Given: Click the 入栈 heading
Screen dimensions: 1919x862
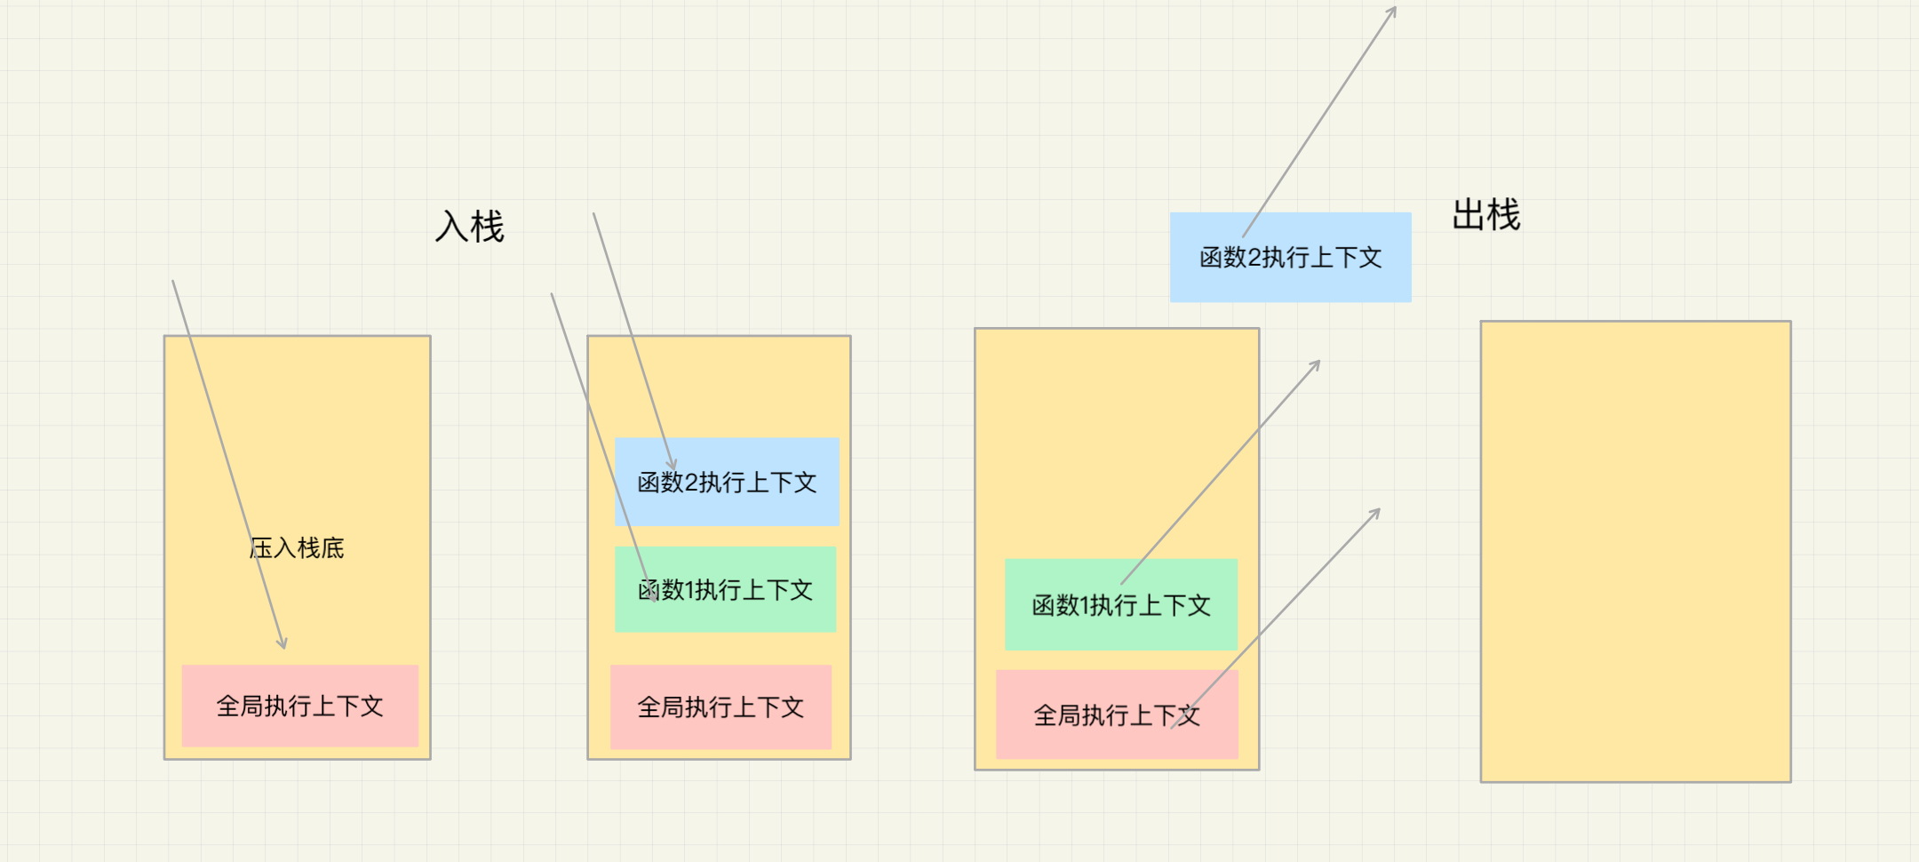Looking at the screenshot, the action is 469,227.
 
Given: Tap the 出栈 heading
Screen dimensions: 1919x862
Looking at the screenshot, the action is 1485,215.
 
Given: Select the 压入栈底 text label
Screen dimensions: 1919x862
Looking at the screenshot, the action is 297,547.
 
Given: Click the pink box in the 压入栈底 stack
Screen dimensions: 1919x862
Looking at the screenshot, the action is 299,706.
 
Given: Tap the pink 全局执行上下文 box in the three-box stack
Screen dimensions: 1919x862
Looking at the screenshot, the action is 721,706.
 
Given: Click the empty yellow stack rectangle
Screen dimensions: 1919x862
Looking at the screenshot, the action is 1635,551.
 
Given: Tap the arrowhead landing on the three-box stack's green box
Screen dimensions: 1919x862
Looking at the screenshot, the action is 654,598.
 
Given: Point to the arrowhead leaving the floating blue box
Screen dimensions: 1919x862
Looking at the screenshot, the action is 1394,10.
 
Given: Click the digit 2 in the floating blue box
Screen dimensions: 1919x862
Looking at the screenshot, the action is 1254,258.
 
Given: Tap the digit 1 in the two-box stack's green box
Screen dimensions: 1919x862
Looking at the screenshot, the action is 1085,606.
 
